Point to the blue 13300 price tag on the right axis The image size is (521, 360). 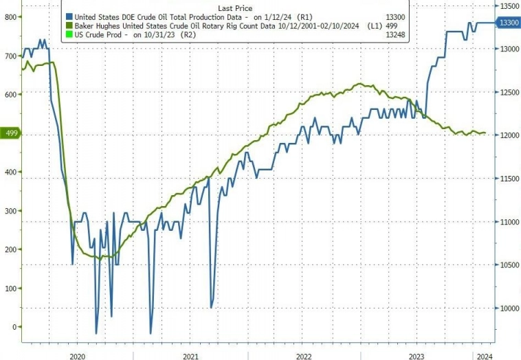508,23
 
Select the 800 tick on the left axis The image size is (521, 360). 10,16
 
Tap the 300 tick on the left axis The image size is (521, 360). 10,210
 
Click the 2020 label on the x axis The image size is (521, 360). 78,355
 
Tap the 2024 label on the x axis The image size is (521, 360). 483,355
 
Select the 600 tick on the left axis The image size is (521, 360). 10,94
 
